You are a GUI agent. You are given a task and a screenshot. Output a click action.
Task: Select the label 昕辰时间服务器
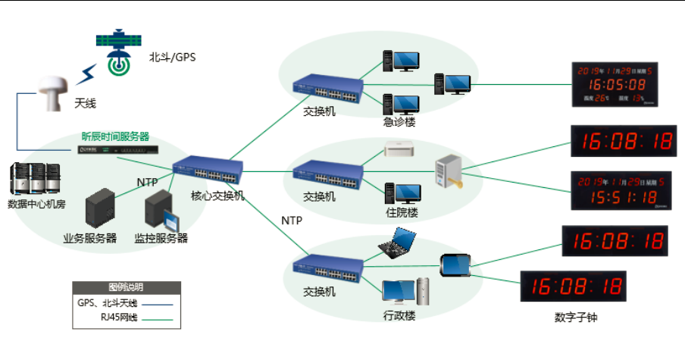pyautogui.click(x=115, y=137)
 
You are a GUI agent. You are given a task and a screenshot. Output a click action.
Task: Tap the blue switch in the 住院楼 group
pyautogui.click(x=327, y=175)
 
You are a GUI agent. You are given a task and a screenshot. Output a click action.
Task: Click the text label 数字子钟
pyautogui.click(x=576, y=318)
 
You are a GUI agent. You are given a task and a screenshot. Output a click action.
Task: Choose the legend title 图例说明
pyautogui.click(x=126, y=288)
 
